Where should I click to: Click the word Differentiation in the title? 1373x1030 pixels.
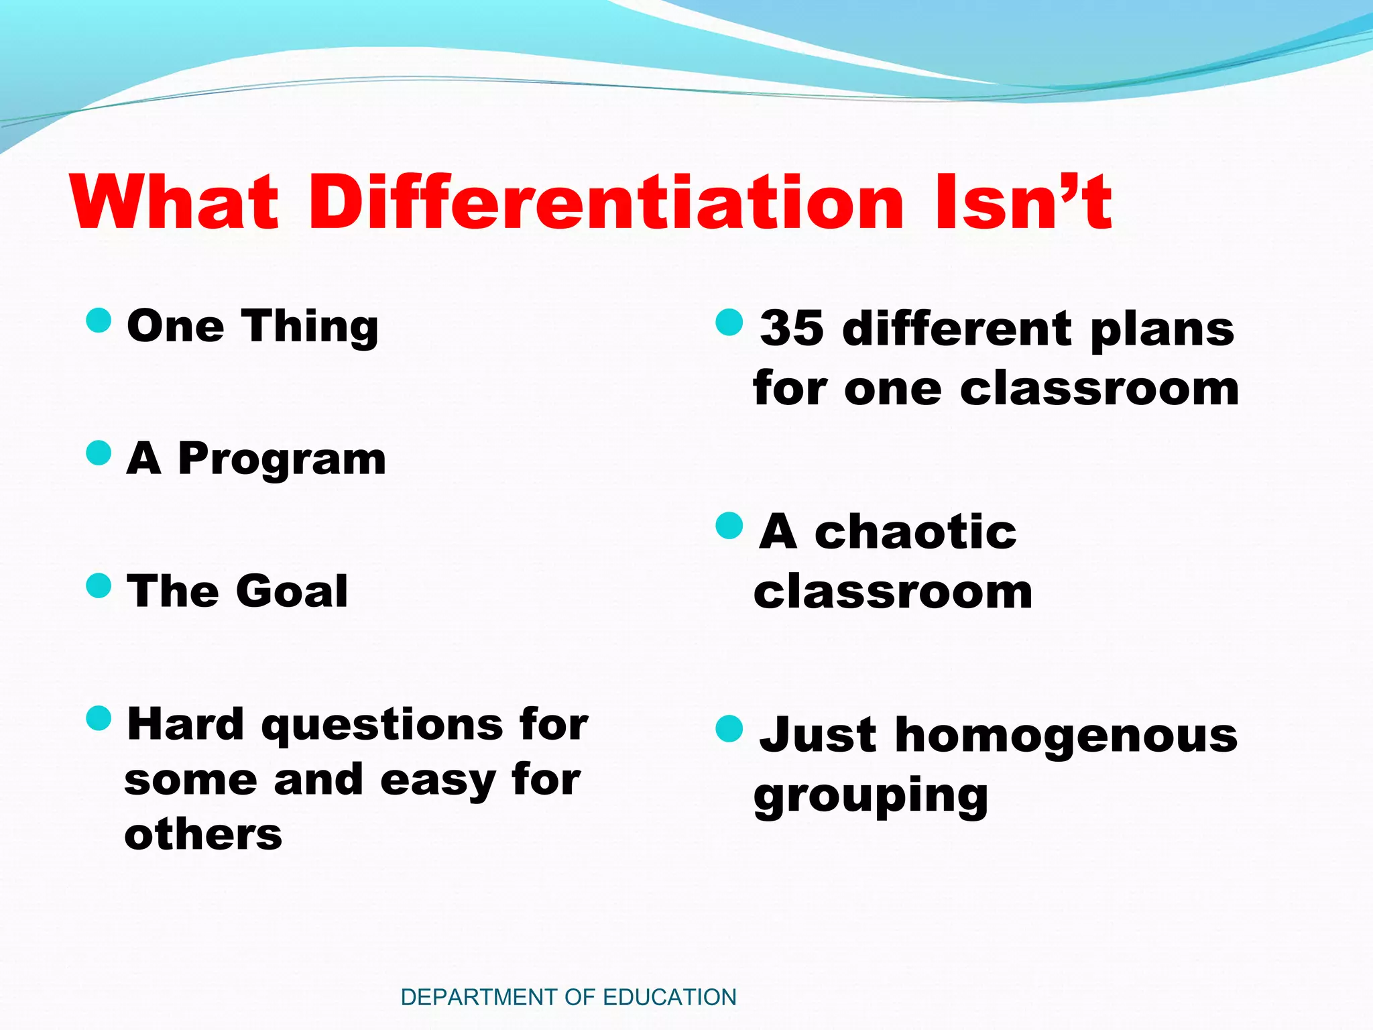click(x=607, y=203)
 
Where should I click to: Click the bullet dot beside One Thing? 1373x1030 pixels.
click(x=99, y=321)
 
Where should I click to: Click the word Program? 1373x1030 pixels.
click(x=282, y=460)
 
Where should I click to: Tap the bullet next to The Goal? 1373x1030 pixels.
click(x=99, y=585)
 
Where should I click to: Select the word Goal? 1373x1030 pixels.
click(x=292, y=591)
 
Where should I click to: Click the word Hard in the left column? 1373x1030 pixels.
click(x=186, y=724)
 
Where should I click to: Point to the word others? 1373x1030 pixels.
click(x=203, y=835)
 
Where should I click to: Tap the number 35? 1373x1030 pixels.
click(x=792, y=329)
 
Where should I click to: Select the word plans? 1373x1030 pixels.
click(x=1162, y=331)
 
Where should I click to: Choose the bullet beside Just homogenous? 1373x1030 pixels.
click(x=729, y=729)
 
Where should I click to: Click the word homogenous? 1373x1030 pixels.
click(x=1066, y=736)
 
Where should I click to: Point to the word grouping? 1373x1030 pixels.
click(x=870, y=797)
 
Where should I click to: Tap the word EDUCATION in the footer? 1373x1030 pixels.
click(x=670, y=997)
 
